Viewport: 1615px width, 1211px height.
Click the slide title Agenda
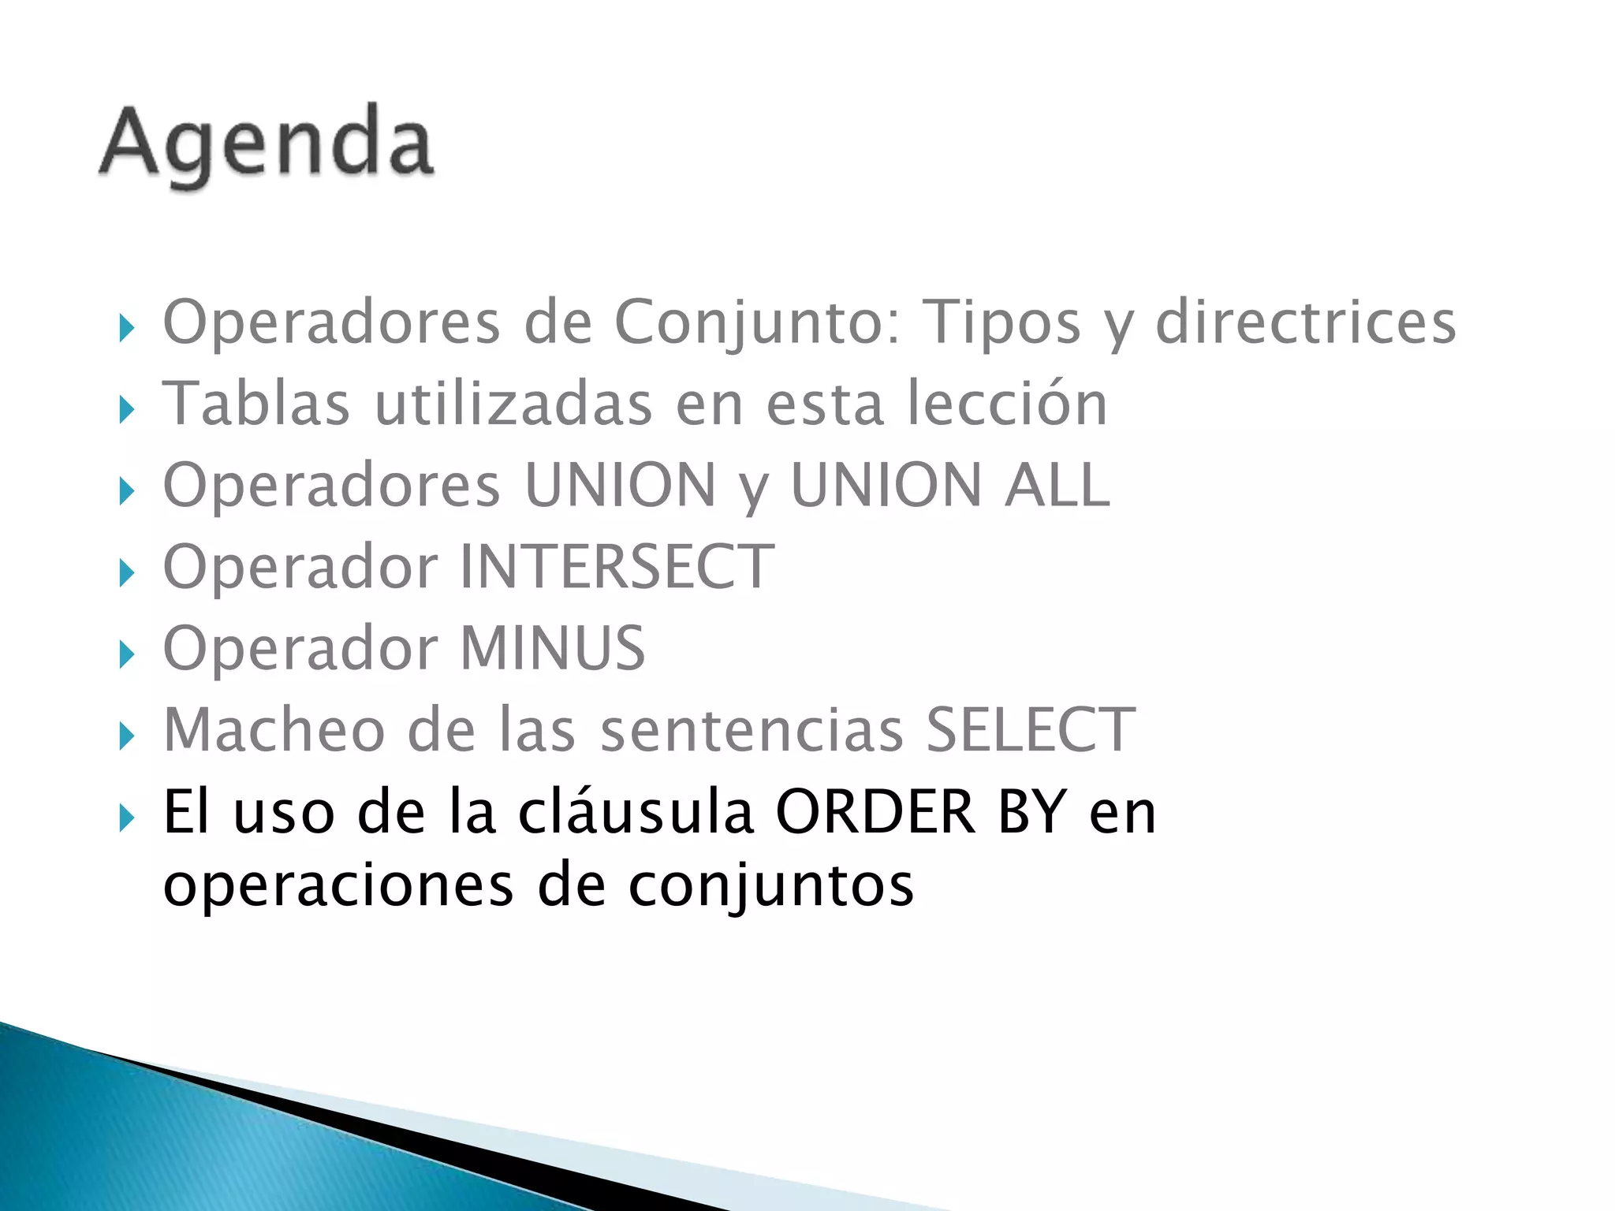coord(267,143)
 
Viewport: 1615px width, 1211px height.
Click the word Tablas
coord(255,404)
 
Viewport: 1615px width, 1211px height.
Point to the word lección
coord(1007,404)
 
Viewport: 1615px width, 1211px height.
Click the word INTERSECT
coord(617,567)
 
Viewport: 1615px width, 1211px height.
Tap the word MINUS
coord(552,648)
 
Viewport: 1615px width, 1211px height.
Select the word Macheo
coord(274,730)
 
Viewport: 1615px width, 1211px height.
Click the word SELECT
coord(1030,730)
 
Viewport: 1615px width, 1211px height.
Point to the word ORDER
coord(875,812)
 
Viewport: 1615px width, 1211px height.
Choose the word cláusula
coord(636,812)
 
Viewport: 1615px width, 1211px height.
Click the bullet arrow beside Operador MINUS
coord(126,655)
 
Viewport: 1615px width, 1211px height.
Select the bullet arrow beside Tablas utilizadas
coord(126,410)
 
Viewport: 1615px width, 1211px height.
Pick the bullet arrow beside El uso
coord(126,819)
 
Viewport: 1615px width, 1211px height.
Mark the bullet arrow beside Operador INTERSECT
coord(126,573)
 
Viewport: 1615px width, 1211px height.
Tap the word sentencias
coord(752,730)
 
